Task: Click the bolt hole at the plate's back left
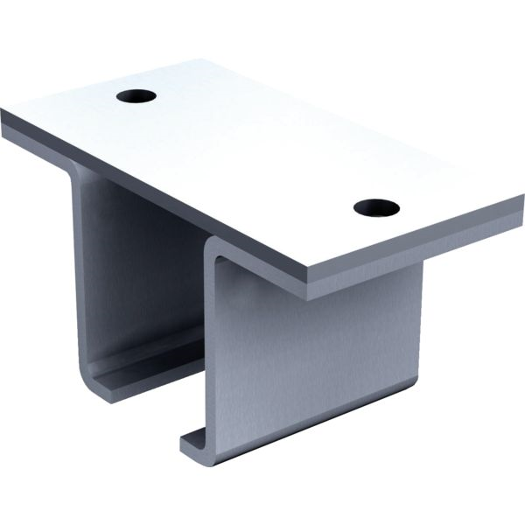(136, 94)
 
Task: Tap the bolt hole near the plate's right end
(376, 208)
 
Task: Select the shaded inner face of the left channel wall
(131, 262)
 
